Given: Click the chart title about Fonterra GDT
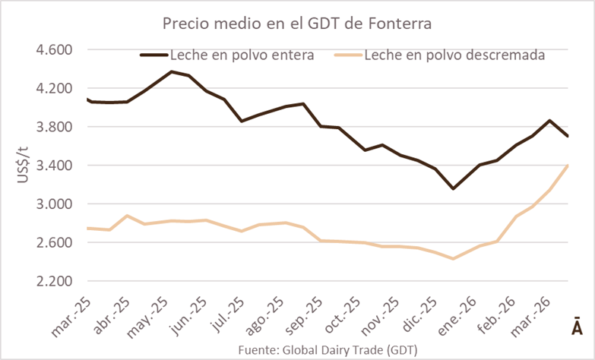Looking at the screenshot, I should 297,24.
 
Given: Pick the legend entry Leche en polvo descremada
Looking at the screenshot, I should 454,55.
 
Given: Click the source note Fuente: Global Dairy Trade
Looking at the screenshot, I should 327,350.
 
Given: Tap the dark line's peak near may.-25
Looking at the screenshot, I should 171,72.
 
